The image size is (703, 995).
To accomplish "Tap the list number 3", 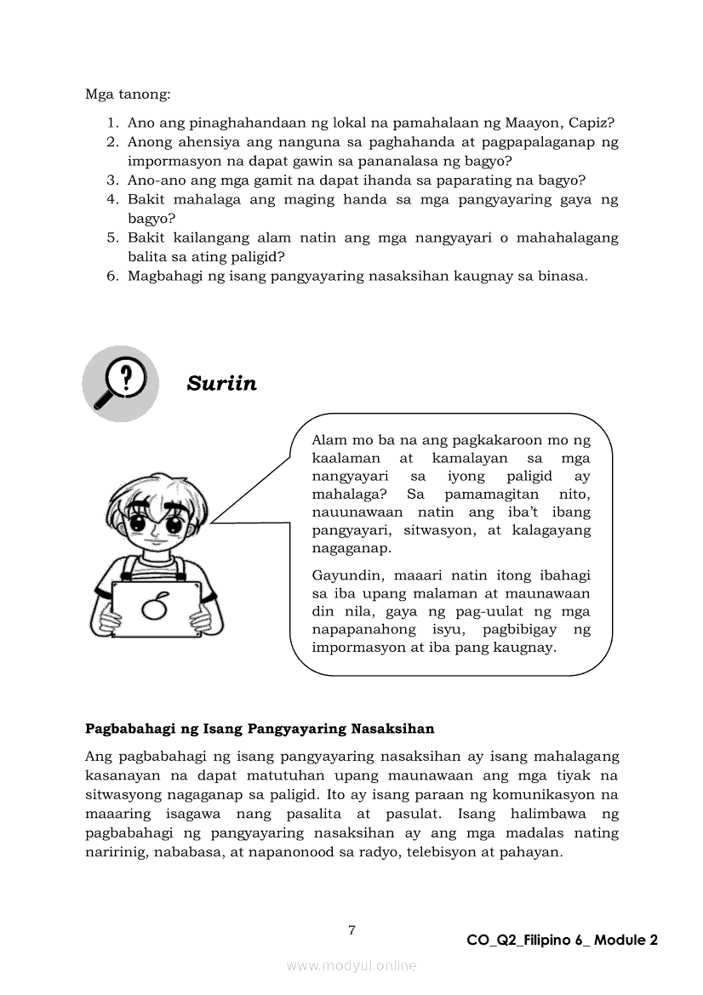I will click(x=111, y=180).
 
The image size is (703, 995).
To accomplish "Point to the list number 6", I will click(x=111, y=276).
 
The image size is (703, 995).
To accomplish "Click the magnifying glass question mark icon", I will click(x=120, y=383).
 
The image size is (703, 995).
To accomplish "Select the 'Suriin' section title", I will click(x=221, y=384).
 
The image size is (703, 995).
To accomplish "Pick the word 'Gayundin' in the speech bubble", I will click(x=344, y=575).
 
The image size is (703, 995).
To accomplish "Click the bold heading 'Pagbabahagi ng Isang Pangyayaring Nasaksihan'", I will click(x=260, y=729).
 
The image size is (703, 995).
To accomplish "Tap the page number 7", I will click(x=351, y=930).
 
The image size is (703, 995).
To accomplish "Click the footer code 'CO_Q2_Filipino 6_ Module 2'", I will click(x=562, y=941).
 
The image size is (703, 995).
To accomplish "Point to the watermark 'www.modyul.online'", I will click(x=351, y=965).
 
